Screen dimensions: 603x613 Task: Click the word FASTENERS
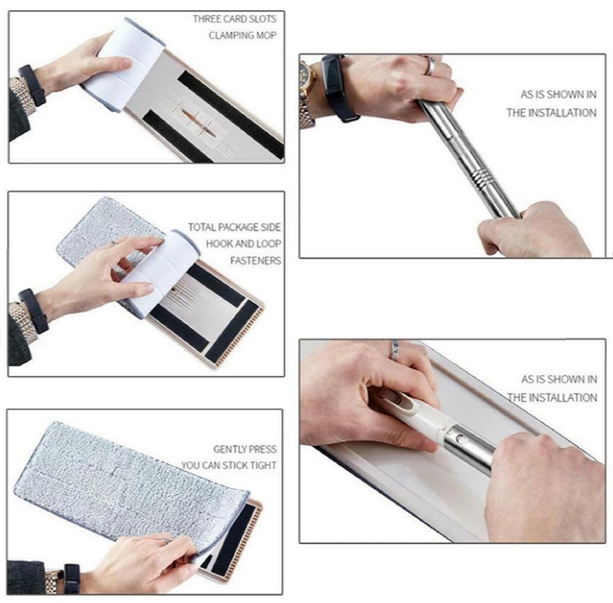(x=255, y=261)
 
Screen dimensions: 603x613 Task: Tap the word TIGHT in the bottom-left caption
(x=263, y=466)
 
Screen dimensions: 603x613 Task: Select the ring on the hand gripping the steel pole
(x=430, y=66)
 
